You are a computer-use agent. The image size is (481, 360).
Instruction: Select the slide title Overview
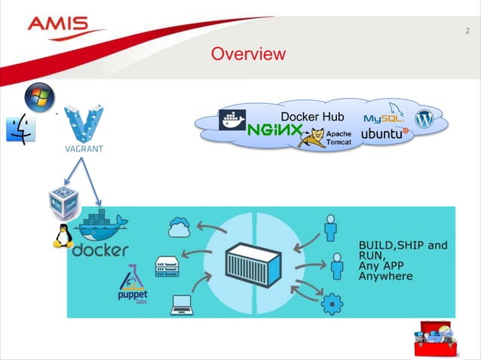(248, 54)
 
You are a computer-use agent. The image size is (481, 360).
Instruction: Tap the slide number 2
(467, 31)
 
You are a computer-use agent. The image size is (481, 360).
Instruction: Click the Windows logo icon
(40, 97)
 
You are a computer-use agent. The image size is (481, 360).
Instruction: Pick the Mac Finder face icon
(20, 130)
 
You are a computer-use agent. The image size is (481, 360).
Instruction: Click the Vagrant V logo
(83, 124)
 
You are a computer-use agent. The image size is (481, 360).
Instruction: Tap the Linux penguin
(62, 236)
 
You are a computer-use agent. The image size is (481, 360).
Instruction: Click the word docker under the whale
(100, 249)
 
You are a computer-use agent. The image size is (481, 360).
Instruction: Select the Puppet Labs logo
(133, 285)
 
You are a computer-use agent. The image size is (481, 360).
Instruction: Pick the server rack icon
(167, 265)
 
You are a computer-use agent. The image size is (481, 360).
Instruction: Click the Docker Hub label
(312, 117)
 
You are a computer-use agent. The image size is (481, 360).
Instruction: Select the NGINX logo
(274, 131)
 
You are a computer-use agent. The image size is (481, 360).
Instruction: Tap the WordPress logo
(425, 119)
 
